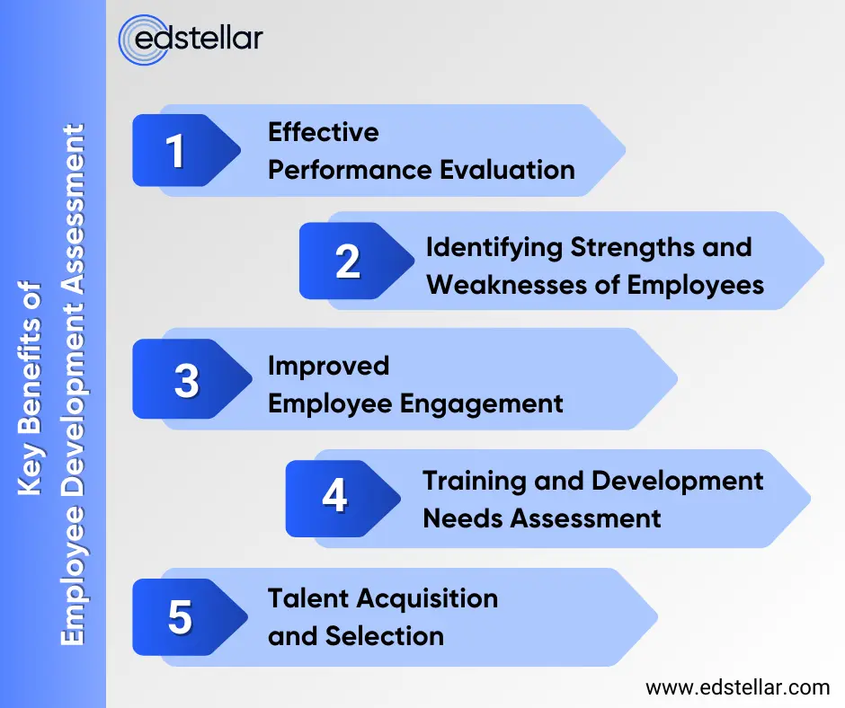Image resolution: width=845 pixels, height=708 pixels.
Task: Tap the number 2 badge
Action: point(347,261)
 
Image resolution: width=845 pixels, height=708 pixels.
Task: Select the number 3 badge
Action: point(186,381)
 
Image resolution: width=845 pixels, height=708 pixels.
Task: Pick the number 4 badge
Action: point(334,497)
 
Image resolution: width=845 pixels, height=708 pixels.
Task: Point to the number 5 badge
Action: point(180,617)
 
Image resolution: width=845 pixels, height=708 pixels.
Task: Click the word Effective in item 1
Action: point(323,132)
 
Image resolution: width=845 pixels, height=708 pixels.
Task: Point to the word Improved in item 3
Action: point(328,366)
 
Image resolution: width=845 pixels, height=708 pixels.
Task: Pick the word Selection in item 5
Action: point(384,636)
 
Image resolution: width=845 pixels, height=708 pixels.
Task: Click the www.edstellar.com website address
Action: point(737,688)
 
